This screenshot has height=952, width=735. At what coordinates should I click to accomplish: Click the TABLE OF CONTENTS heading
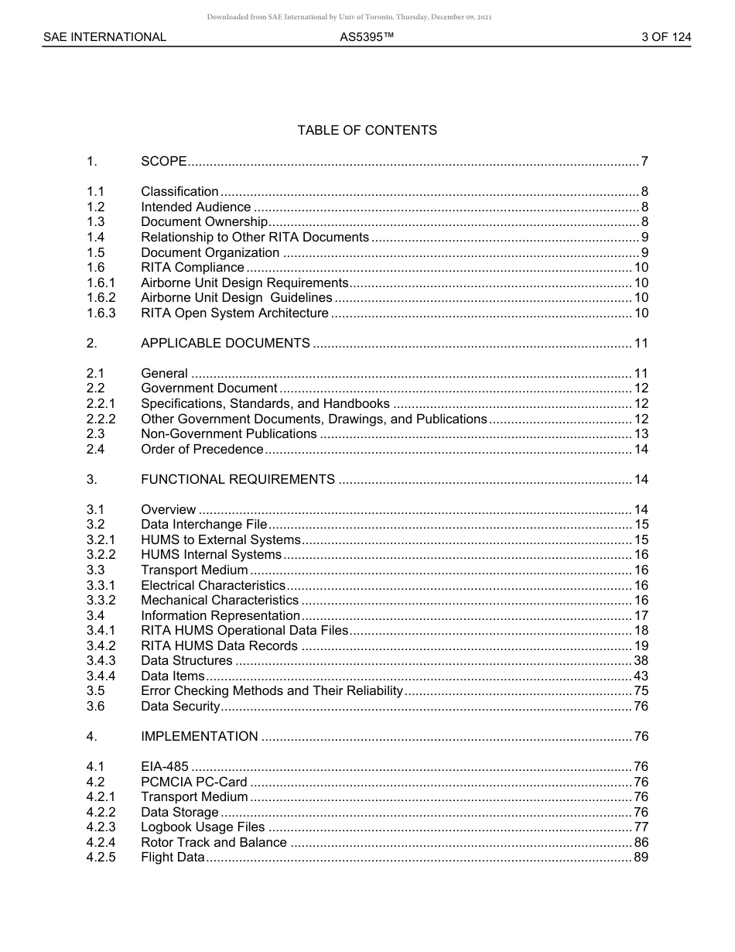367,130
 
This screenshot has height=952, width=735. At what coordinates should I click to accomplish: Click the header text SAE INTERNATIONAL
104,36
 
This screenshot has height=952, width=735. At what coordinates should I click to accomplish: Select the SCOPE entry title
163,162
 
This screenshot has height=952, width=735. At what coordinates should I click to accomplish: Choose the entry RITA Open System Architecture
234,313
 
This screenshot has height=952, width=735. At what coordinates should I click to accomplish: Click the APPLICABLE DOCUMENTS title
225,344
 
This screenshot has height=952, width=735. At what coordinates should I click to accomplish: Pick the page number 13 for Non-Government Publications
641,434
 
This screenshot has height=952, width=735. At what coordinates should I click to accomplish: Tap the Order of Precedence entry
202,450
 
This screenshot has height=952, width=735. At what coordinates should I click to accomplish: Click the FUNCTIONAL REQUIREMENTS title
238,480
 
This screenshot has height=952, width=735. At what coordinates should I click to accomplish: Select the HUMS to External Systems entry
220,540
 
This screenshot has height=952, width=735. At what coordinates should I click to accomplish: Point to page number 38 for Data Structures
641,661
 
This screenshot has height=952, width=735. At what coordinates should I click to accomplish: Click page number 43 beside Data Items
641,676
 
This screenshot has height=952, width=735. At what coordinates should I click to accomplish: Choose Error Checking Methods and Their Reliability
272,691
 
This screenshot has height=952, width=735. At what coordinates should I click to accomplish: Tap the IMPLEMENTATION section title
199,737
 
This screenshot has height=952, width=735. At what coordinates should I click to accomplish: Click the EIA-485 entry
164,767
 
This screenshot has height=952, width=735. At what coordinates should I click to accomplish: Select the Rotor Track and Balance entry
214,843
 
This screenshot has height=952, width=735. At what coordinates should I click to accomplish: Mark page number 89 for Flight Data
641,858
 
